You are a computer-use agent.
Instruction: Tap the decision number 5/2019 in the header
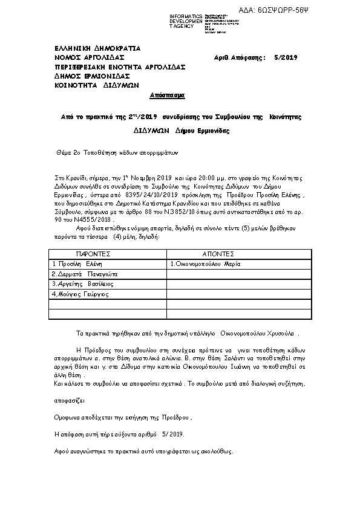click(286, 57)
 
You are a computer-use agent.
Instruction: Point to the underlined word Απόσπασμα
click(167, 96)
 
